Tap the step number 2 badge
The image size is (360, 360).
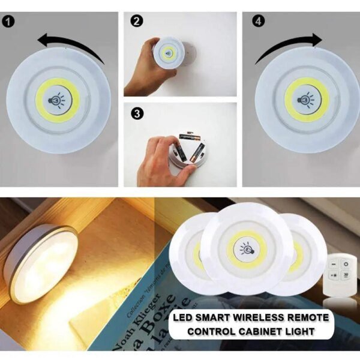coord(137,22)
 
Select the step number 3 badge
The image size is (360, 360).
coord(137,113)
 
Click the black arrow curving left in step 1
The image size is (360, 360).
coord(69,45)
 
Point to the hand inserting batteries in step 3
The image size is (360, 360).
coord(157,159)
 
